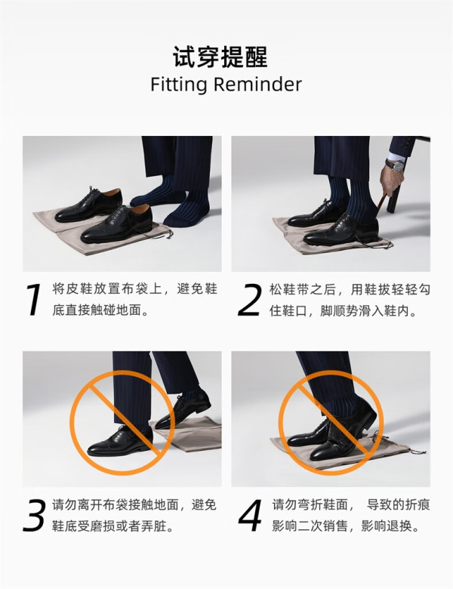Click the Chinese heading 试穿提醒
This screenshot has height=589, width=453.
(220, 57)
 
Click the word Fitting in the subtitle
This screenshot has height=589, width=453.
(178, 85)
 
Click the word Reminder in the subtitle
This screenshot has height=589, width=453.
(257, 84)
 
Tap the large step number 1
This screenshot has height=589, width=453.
(34, 299)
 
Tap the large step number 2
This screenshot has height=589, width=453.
(249, 300)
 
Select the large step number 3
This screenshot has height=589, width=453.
(35, 515)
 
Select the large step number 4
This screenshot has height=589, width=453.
(250, 515)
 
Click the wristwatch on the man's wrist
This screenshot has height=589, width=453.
(395, 164)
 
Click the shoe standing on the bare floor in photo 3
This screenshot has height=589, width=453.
(120, 441)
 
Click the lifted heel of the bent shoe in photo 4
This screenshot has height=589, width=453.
(366, 412)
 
